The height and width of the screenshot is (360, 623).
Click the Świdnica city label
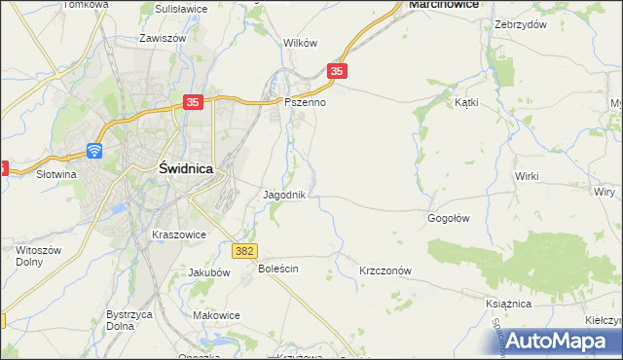pyautogui.click(x=185, y=168)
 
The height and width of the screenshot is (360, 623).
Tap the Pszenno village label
pyautogui.click(x=303, y=101)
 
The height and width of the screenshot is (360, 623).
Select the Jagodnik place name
pyautogui.click(x=285, y=195)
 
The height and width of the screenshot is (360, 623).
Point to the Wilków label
pyautogui.click(x=301, y=43)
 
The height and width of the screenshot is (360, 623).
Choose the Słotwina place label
pyautogui.click(x=56, y=174)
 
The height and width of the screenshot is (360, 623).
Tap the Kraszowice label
pyautogui.click(x=179, y=234)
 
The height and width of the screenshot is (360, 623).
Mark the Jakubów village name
pyautogui.click(x=208, y=273)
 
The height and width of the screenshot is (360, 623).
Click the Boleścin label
pyautogui.click(x=277, y=268)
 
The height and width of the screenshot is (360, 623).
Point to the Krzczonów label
pyautogui.click(x=386, y=270)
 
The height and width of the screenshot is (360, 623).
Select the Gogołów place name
pyautogui.click(x=449, y=218)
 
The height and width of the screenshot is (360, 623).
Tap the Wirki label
pyautogui.click(x=528, y=176)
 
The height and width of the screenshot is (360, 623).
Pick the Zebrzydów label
pyautogui.click(x=519, y=23)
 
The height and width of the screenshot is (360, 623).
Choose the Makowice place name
pyautogui.click(x=216, y=315)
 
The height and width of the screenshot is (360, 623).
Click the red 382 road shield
pyautogui.click(x=245, y=251)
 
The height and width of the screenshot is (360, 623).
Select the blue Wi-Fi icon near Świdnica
pyautogui.click(x=94, y=150)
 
